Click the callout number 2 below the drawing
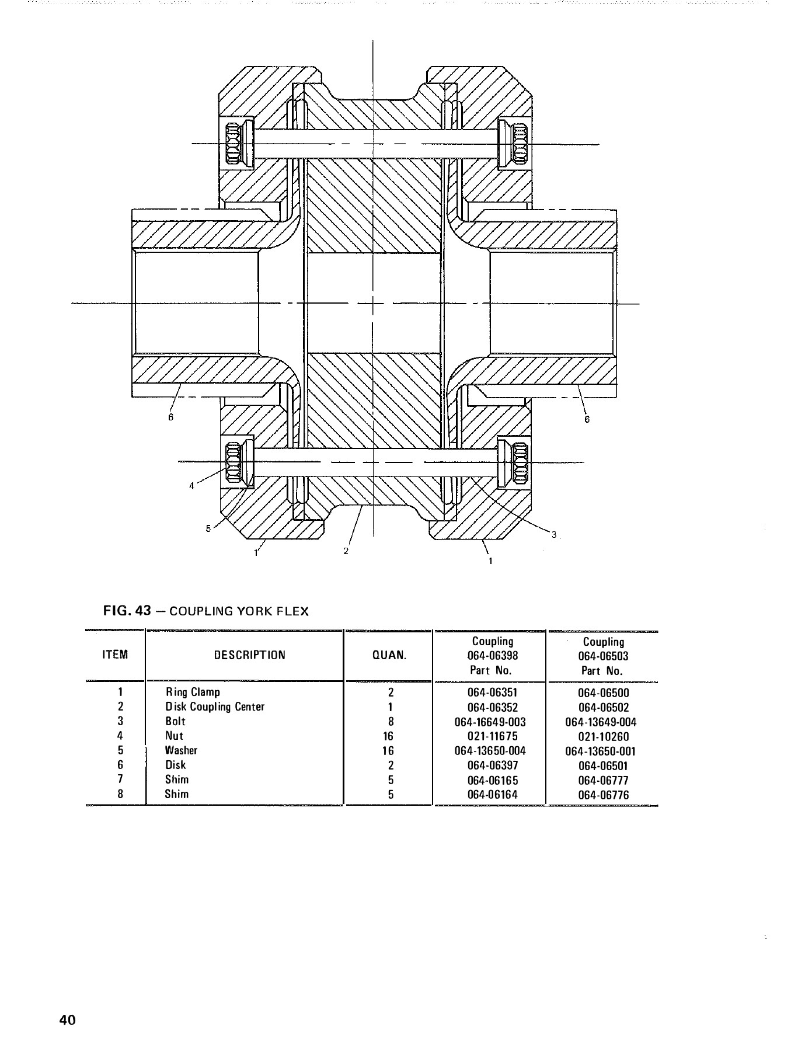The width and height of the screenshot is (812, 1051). pyautogui.click(x=346, y=551)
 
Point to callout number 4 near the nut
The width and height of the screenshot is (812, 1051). pyautogui.click(x=191, y=486)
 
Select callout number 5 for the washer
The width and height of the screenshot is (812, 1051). pyautogui.click(x=208, y=529)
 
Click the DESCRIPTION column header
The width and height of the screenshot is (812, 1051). pyautogui.click(x=249, y=655)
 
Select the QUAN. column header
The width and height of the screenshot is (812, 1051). pyautogui.click(x=389, y=655)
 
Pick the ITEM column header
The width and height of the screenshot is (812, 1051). pyautogui.click(x=114, y=655)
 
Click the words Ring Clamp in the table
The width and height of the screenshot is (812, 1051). pyautogui.click(x=193, y=692)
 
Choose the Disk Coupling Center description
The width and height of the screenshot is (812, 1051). pyautogui.click(x=214, y=707)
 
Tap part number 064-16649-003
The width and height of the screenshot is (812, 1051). pyautogui.click(x=490, y=722)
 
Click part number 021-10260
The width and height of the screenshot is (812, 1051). pyautogui.click(x=603, y=737)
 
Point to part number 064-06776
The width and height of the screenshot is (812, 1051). pyautogui.click(x=603, y=795)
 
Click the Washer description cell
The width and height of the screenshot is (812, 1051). pyautogui.click(x=181, y=751)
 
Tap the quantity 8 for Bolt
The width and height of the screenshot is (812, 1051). pyautogui.click(x=391, y=722)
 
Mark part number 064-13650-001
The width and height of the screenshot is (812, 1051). pyautogui.click(x=600, y=751)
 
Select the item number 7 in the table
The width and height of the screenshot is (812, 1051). pyautogui.click(x=120, y=780)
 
